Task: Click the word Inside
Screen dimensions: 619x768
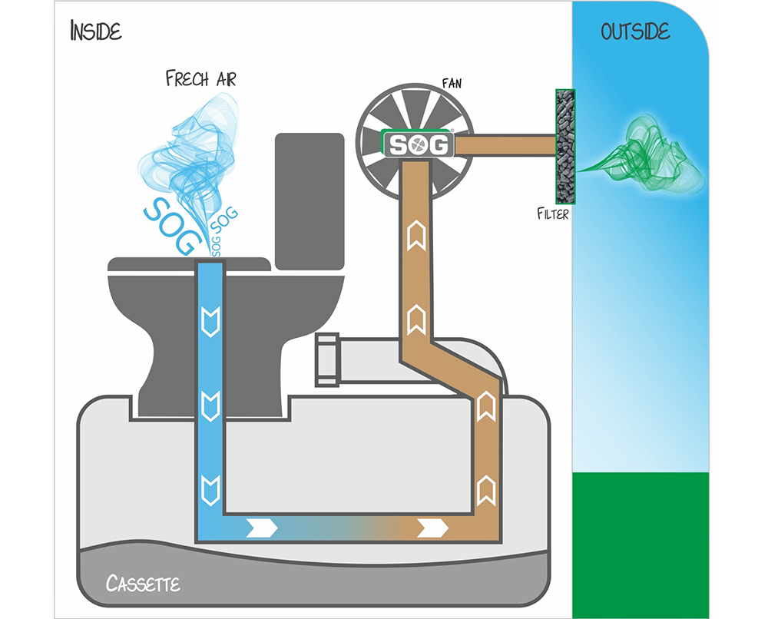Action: point(96,31)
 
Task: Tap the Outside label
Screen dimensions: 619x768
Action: point(635,31)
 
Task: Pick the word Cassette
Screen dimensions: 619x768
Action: point(144,584)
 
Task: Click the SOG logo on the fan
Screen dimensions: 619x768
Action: point(419,144)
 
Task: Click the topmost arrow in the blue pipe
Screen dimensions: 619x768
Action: point(210,315)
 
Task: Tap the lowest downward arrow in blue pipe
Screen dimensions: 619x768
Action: point(210,486)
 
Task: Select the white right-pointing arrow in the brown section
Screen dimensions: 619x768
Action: point(434,528)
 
